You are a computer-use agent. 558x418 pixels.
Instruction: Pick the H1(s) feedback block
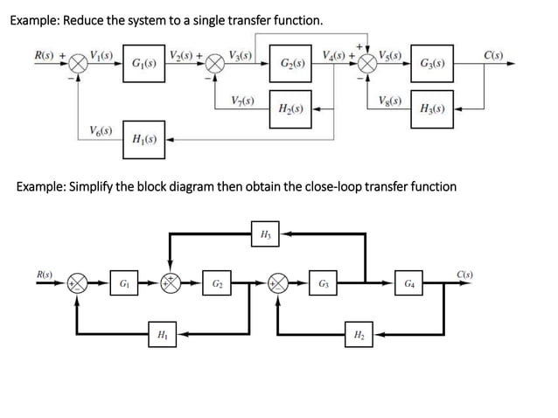143,139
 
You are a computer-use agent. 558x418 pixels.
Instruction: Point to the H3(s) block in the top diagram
432,109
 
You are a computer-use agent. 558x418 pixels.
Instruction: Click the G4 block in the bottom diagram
410,283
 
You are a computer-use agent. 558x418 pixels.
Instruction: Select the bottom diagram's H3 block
266,233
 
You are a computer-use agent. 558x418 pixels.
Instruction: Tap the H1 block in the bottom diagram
161,334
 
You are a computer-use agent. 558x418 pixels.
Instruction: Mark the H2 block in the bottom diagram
359,334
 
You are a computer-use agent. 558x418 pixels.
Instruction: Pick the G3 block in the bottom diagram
324,283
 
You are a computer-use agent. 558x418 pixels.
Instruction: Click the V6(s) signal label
101,131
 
